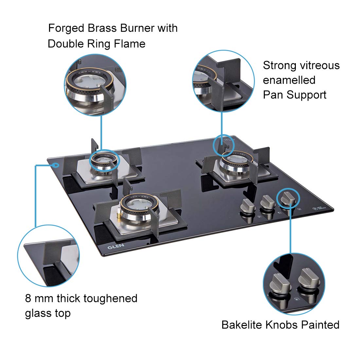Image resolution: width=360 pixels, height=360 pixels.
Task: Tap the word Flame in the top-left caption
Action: coord(129,44)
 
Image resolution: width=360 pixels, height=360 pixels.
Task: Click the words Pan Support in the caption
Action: coord(295,95)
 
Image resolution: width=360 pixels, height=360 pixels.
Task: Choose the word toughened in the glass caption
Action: coord(110,298)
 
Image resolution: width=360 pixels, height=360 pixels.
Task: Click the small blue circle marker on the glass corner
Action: coord(56,165)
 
